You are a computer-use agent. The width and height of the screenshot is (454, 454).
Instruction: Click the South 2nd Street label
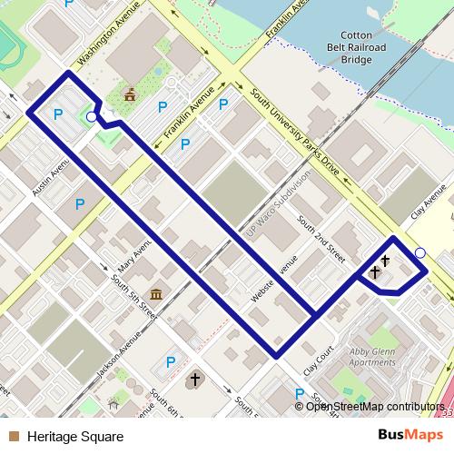(x=322, y=234)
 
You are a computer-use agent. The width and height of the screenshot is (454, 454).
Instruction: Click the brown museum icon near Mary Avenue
(x=157, y=294)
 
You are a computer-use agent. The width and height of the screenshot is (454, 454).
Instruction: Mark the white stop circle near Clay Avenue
(x=419, y=252)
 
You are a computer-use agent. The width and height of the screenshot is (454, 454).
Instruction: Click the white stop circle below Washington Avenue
(x=91, y=117)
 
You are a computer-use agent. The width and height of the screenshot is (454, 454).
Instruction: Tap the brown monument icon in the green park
(x=131, y=93)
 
